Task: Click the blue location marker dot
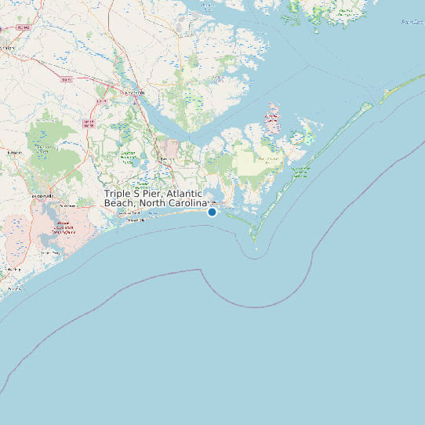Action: [x=212, y=212]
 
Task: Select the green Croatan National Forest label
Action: [x=128, y=156]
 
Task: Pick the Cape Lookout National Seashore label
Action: [x=299, y=172]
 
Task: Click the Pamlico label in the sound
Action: [x=412, y=22]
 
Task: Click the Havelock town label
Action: [x=166, y=160]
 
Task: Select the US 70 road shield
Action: [x=67, y=79]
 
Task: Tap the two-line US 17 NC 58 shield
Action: [x=89, y=124]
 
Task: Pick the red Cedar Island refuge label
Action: [x=272, y=118]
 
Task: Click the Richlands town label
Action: [x=13, y=152]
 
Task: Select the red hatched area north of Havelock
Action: [x=171, y=147]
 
